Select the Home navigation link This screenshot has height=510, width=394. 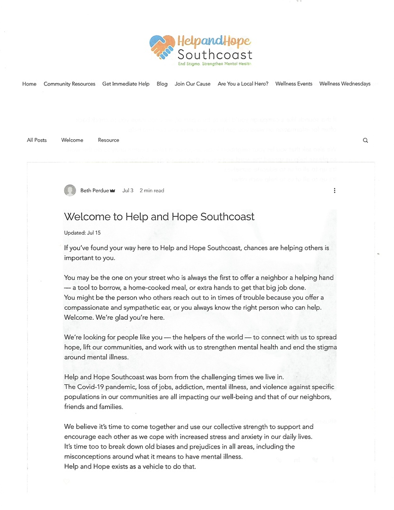(29, 84)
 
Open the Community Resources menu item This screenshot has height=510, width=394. (69, 84)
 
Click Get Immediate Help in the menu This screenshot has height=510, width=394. (126, 84)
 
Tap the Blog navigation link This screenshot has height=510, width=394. (162, 84)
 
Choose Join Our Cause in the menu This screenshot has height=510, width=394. (193, 84)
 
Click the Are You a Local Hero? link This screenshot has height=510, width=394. (243, 84)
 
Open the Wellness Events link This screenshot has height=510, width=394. (294, 84)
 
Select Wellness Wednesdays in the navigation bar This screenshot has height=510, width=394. (345, 84)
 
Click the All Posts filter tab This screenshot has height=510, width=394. (37, 140)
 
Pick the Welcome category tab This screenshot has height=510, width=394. (72, 140)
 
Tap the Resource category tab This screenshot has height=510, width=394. (109, 140)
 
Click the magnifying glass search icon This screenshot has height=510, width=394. (365, 140)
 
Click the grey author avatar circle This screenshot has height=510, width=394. (70, 190)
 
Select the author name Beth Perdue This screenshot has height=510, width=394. (94, 191)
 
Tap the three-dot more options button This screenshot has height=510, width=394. (334, 190)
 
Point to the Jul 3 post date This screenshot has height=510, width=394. (128, 191)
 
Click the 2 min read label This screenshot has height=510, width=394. (152, 191)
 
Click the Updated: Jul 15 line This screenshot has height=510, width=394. (82, 233)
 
